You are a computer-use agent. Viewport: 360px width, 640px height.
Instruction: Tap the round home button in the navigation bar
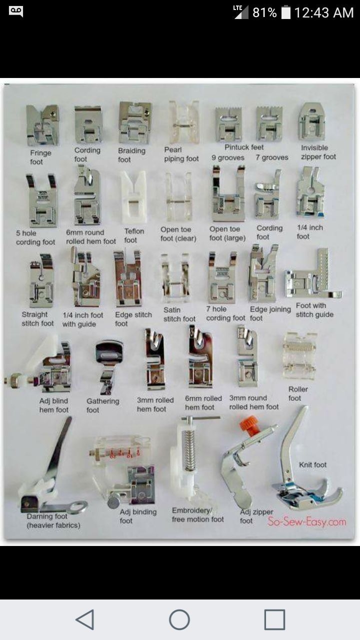[179, 619]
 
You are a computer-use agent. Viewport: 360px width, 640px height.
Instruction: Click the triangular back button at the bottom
[85, 619]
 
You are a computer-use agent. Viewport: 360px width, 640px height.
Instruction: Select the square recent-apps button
[274, 619]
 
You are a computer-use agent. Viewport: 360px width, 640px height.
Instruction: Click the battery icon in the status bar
[286, 12]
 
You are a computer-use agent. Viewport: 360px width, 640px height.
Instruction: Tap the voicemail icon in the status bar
[16, 11]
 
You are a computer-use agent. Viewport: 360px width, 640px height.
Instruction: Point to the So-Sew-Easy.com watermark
[306, 522]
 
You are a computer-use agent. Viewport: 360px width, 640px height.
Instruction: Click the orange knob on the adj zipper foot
[247, 424]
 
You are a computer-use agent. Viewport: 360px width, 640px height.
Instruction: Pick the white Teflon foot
[133, 197]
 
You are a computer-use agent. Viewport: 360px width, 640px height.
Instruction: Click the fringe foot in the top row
[42, 125]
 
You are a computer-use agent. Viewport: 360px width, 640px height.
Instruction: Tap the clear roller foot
[299, 355]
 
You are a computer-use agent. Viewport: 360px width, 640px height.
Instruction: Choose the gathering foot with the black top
[108, 365]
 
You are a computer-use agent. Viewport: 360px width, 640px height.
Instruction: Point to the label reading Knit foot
[312, 464]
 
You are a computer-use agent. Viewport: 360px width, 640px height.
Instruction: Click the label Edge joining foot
[270, 313]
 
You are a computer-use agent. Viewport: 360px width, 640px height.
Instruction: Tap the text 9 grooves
[227, 158]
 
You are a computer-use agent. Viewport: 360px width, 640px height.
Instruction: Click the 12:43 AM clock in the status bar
[323, 12]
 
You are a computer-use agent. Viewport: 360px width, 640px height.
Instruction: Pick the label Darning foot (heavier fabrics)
[53, 520]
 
